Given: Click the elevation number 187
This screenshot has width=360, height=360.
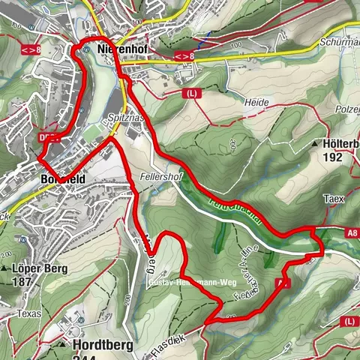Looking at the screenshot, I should coord(22,283).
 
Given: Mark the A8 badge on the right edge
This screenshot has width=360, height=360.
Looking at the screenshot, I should coord(352,233).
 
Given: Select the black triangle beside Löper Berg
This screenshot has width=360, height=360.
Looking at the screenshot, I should coord(5,268).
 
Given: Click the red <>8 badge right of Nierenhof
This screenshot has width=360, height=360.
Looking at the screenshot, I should coord(183,55).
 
